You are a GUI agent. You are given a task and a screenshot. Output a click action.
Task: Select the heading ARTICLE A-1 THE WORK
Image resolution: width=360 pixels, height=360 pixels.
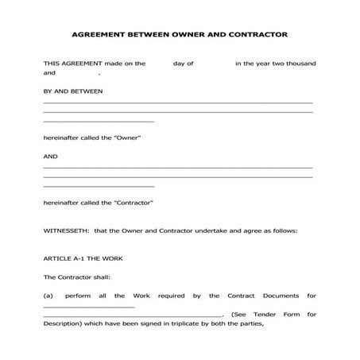tap(83, 259)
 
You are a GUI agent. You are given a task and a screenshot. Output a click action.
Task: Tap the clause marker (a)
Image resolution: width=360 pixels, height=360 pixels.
tap(48, 296)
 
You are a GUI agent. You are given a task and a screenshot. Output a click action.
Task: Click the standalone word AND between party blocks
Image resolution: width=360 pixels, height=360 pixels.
tap(50, 157)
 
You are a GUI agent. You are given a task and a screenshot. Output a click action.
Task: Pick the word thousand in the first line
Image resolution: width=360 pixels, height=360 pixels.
tap(300, 64)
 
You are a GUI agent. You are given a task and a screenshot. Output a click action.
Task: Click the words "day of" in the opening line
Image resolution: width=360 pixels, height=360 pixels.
tap(184, 64)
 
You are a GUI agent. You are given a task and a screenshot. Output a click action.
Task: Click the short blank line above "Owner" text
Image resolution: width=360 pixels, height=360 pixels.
tap(98, 121)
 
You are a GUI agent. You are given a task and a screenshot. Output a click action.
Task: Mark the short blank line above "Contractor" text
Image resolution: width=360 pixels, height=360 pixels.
tap(98, 187)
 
